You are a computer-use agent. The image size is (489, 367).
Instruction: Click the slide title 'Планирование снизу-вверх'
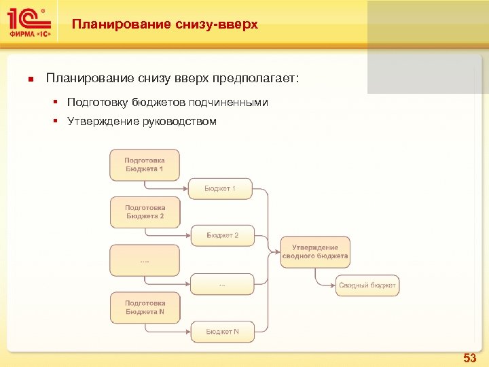tap(165, 24)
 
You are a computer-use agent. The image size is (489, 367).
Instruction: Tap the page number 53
tap(469, 357)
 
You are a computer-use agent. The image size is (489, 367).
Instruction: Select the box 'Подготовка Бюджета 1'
tap(145, 164)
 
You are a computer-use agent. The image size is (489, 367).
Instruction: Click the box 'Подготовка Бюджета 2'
tap(145, 211)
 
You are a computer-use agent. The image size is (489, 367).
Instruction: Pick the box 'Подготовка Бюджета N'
tap(145, 307)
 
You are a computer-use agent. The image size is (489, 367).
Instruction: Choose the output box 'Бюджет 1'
tap(220, 188)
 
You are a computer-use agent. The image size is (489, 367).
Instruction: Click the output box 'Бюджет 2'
tap(222, 235)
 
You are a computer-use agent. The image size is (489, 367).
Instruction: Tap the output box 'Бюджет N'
tap(222, 332)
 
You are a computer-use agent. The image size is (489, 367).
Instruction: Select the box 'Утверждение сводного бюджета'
tap(315, 251)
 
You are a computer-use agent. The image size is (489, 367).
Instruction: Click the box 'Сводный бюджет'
tap(367, 285)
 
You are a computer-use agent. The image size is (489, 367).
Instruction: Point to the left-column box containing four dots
tap(145, 260)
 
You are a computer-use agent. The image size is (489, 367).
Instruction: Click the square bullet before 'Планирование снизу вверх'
tap(30, 79)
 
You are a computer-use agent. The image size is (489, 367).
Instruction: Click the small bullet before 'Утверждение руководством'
tap(58, 122)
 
